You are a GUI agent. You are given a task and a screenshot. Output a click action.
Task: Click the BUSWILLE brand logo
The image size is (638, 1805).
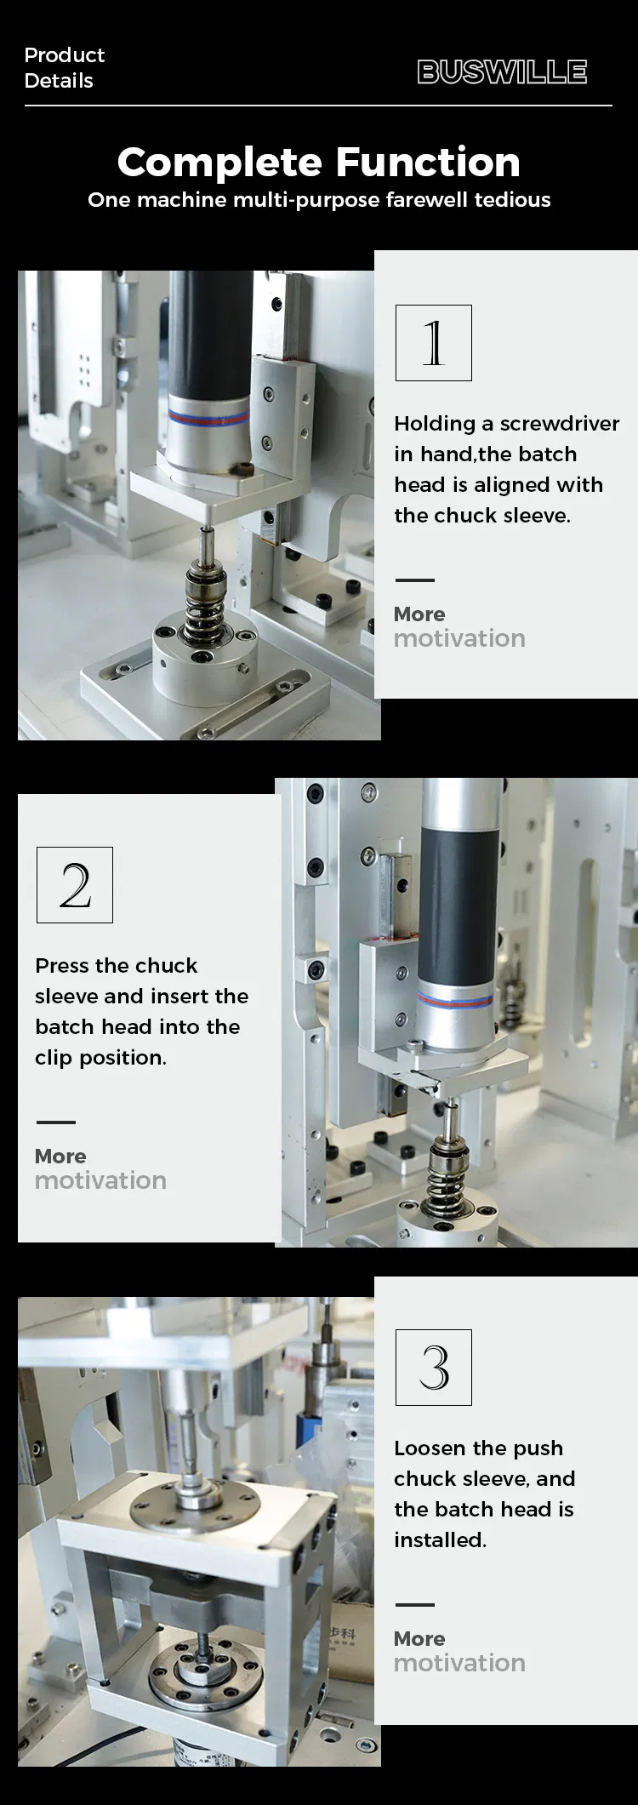[502, 72]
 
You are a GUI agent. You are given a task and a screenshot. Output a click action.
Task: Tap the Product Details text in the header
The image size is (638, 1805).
[64, 68]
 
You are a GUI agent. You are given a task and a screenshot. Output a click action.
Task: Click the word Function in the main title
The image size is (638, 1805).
[427, 163]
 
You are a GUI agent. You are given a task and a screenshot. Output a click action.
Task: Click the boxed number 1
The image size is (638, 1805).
[433, 343]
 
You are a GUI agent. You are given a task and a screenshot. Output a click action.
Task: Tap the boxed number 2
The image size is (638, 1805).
[75, 885]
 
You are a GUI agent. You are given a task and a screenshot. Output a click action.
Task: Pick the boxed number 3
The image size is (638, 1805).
[433, 1368]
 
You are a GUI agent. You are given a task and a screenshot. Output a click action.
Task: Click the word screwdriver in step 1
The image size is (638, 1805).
[560, 424]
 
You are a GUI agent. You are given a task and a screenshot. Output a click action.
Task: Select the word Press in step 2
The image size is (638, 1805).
[62, 966]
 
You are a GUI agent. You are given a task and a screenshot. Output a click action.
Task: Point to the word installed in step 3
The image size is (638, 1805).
[439, 1540]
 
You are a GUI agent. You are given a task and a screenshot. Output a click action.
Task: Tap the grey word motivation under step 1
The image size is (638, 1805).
[459, 639]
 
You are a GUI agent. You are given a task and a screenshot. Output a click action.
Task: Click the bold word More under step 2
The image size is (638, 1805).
[60, 1157]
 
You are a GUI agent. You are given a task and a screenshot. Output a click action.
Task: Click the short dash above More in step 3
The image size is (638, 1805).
[414, 1605]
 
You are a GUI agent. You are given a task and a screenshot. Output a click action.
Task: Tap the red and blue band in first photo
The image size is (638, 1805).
[208, 417]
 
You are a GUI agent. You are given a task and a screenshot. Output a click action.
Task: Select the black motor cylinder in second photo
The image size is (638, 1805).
[459, 902]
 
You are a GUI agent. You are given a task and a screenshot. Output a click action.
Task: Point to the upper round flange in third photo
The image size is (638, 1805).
[196, 1502]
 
